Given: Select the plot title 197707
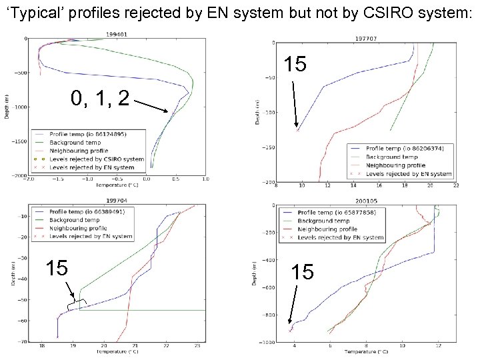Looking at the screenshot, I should (365, 39).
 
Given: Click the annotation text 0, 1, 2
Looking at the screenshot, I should (100, 98).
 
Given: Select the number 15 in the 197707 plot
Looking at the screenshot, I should (295, 65).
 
